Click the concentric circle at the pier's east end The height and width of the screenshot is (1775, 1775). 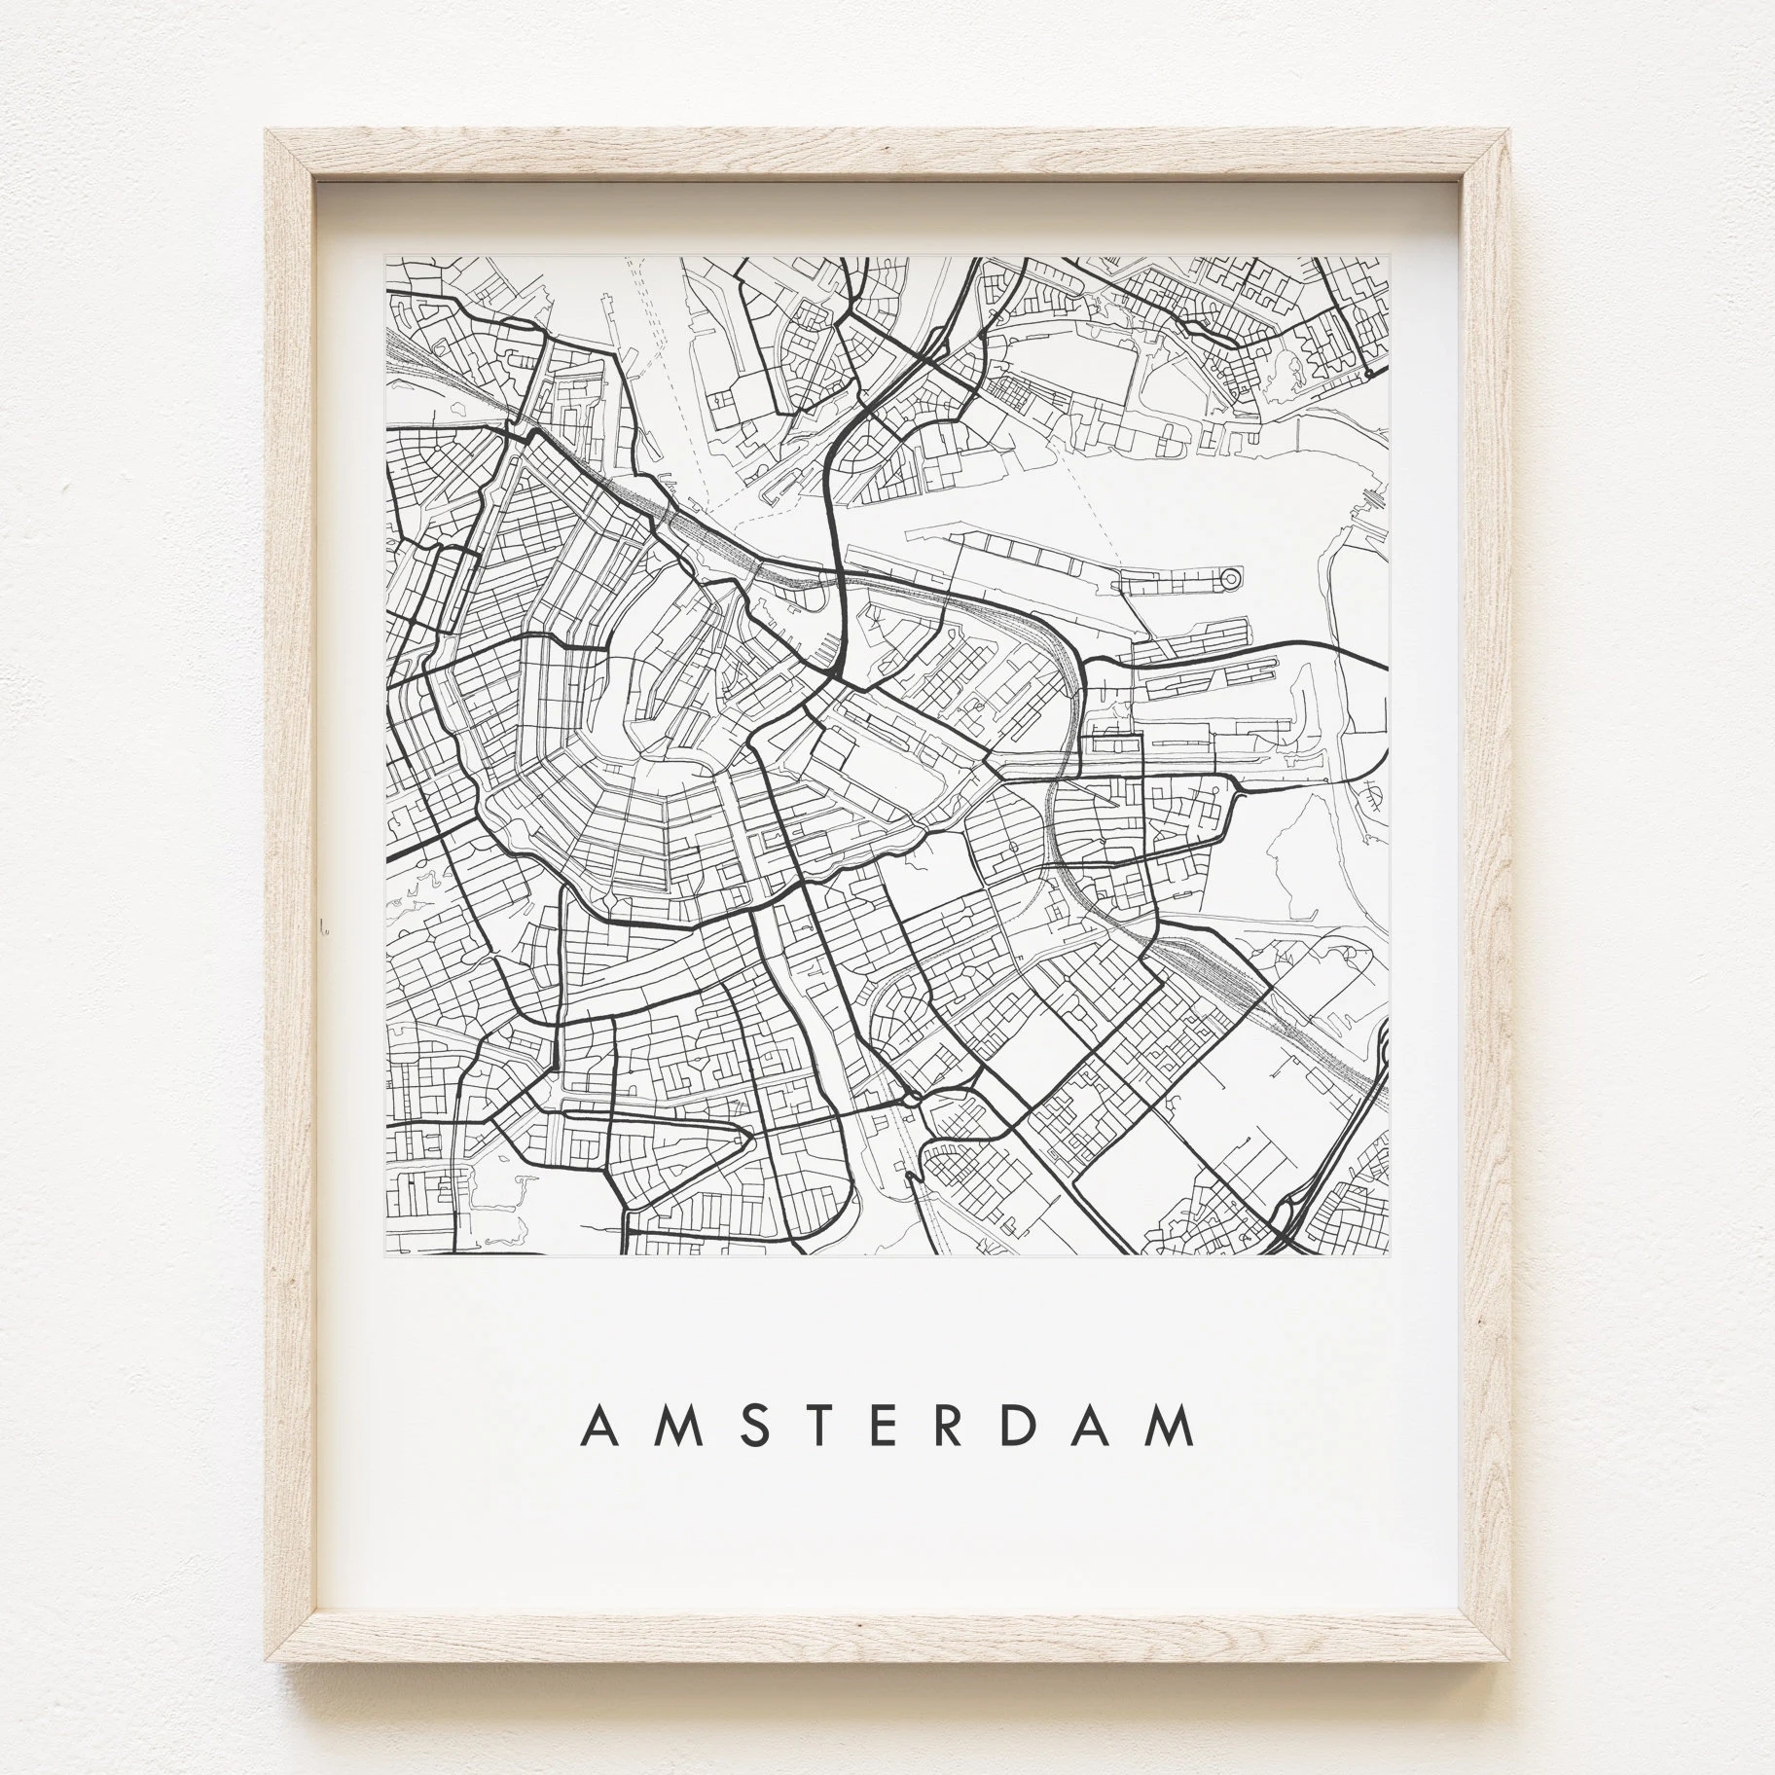click(1229, 580)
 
